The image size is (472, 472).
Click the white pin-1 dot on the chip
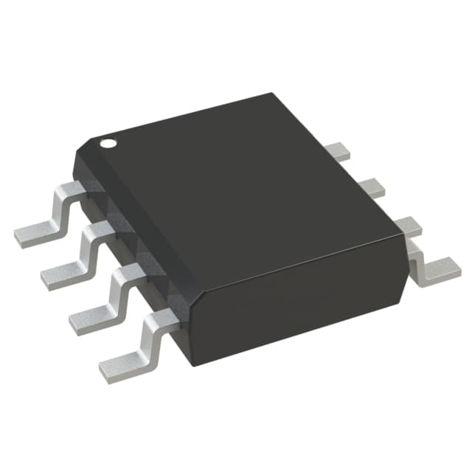tap(108, 142)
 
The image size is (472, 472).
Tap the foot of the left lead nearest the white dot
tap(33, 235)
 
